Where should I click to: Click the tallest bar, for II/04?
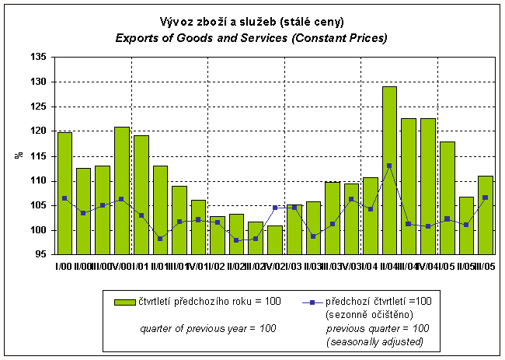389,170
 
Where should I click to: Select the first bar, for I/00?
64,194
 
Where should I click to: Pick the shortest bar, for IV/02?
275,240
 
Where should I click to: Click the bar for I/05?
447,198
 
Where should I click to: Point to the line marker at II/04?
389,166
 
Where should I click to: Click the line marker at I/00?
64,198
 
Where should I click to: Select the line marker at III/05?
485,197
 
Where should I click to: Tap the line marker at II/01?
160,239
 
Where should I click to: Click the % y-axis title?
18,156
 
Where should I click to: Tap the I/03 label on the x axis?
294,267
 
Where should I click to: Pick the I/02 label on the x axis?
218,267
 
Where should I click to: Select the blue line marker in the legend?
310,301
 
